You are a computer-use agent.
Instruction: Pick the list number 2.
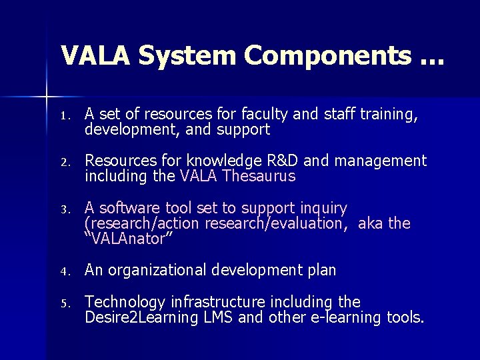(63, 163)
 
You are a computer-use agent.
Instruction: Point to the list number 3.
(63, 210)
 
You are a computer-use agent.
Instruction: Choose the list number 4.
(63, 272)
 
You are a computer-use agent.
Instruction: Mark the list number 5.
(63, 304)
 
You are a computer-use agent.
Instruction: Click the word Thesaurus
(259, 177)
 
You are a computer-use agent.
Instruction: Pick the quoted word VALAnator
(130, 238)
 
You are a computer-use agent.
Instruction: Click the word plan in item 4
(322, 270)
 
